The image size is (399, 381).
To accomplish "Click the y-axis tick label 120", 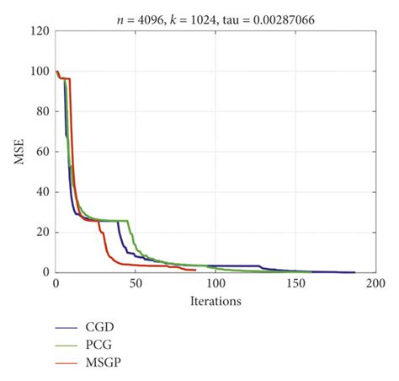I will [x=40, y=32].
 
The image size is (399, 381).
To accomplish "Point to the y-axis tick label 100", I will [x=40, y=72].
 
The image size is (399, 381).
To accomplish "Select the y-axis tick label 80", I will [x=42, y=112].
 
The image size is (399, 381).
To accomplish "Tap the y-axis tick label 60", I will [x=42, y=152].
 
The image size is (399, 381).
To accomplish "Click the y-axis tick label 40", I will [x=42, y=192].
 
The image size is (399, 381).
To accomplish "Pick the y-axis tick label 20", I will [x=42, y=232].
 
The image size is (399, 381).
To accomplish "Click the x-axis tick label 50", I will [x=136, y=285].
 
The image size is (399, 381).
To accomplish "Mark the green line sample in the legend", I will [x=67, y=344].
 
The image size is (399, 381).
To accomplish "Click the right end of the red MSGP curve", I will [x=194, y=270].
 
